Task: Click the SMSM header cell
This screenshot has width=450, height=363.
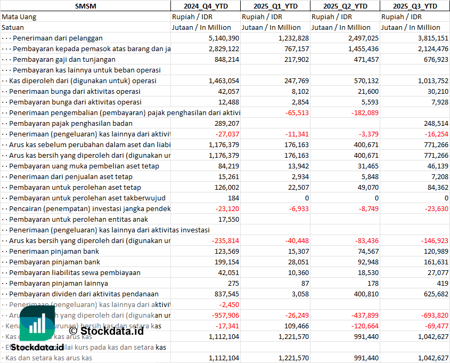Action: point(86,6)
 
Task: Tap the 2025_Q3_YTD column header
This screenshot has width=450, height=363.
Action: point(415,6)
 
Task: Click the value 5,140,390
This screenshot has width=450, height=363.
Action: point(224,38)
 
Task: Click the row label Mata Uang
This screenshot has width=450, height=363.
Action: point(19,17)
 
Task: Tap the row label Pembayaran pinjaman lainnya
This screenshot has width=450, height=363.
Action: point(59,283)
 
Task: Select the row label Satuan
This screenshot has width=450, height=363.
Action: point(13,27)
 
